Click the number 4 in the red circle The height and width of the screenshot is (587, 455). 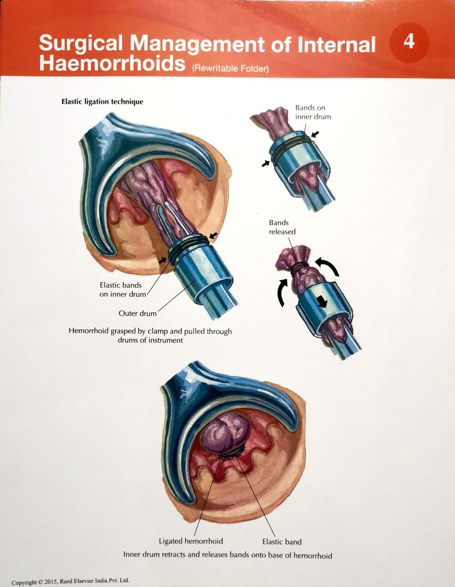tap(409, 42)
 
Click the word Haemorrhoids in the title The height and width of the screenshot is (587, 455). tap(112, 64)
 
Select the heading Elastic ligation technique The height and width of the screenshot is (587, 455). tap(102, 102)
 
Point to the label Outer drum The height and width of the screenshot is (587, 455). tap(137, 313)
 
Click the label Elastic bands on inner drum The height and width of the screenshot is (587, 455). tap(121, 289)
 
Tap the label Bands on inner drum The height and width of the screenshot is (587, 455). tap(313, 112)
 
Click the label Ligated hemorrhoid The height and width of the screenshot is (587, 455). tap(191, 542)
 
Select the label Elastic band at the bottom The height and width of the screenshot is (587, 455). tap(282, 542)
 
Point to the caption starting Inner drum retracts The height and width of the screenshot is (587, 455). tap(227, 555)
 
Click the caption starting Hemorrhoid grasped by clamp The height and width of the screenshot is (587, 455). tap(150, 336)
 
